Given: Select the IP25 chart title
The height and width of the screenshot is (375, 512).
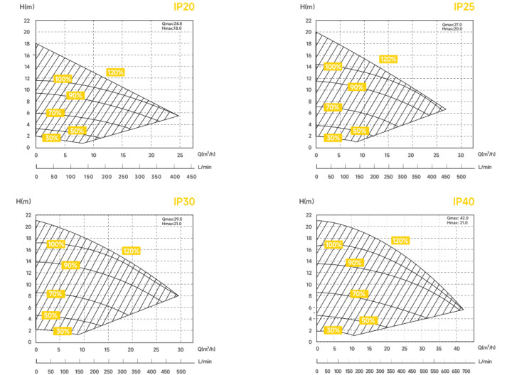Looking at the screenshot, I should click(x=464, y=7).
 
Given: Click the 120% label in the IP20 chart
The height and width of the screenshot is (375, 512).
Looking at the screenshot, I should click(x=115, y=72).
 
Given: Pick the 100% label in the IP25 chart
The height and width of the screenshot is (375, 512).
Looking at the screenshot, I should click(x=333, y=67).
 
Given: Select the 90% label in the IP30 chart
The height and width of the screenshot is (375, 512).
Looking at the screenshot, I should click(x=70, y=265).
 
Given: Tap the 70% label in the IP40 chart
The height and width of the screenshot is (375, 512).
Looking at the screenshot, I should click(x=358, y=293).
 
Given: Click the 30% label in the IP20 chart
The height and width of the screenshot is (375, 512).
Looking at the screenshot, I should click(x=50, y=138).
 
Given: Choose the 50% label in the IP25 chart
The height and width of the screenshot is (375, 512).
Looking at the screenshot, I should click(x=359, y=131).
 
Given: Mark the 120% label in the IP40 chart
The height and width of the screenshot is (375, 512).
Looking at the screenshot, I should click(x=400, y=241).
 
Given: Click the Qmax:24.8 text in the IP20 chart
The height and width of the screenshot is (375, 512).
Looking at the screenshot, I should click(x=174, y=24).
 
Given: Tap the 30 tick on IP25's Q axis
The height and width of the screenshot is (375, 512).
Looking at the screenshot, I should click(x=461, y=155).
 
